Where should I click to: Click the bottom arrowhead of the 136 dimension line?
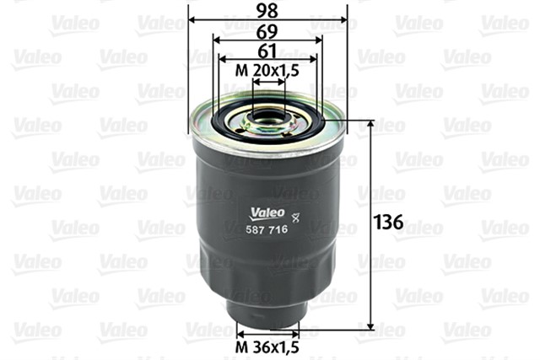(x=370, y=326)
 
